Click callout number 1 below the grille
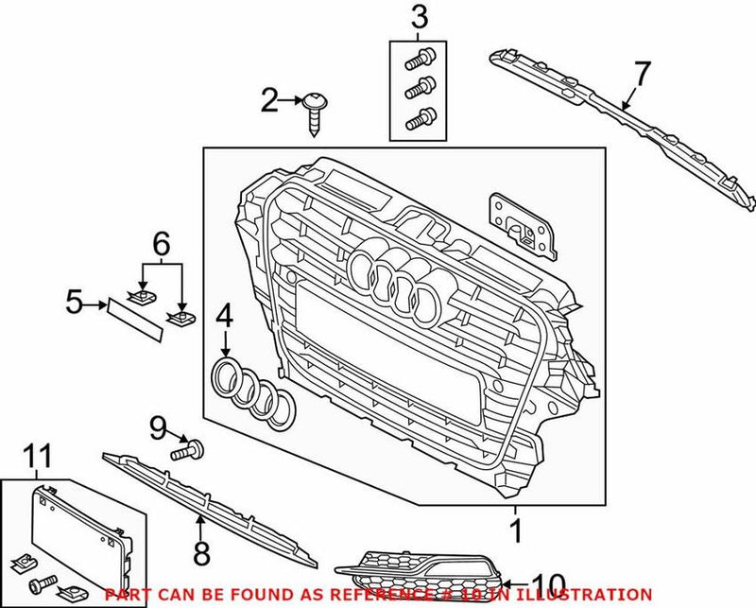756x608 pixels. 516,533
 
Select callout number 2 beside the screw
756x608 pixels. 270,100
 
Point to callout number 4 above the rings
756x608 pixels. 224,316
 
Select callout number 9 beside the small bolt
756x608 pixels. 158,431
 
